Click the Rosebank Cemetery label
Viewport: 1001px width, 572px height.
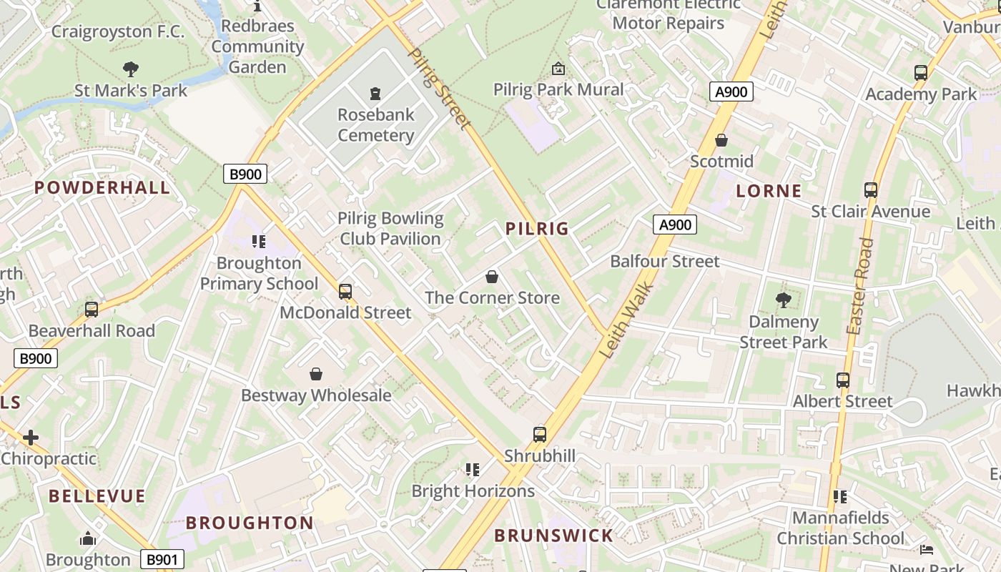[x=375, y=125]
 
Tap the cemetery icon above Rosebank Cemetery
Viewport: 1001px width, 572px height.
[x=375, y=93]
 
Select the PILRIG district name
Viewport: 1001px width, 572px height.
[x=537, y=229]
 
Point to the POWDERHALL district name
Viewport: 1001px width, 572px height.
[x=103, y=188]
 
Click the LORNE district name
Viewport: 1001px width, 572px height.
[x=769, y=191]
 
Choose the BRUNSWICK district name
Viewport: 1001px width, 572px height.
[x=553, y=536]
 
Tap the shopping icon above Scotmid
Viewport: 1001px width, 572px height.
[x=721, y=140]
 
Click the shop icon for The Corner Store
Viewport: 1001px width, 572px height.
[x=492, y=277]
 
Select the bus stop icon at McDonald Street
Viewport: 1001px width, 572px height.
[x=345, y=292]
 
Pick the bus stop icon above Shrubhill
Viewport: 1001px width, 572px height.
[x=540, y=435]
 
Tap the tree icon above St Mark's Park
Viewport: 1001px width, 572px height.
[x=131, y=69]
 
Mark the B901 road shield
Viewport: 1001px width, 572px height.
[x=162, y=560]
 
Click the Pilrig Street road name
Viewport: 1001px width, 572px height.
[x=439, y=89]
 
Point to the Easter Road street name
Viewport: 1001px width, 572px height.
[x=859, y=286]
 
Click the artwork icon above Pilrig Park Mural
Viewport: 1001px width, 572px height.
[x=558, y=69]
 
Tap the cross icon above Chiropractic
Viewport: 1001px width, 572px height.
[x=31, y=438]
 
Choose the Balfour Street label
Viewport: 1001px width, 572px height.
[x=664, y=262]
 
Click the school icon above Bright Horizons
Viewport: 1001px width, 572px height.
[x=472, y=470]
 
